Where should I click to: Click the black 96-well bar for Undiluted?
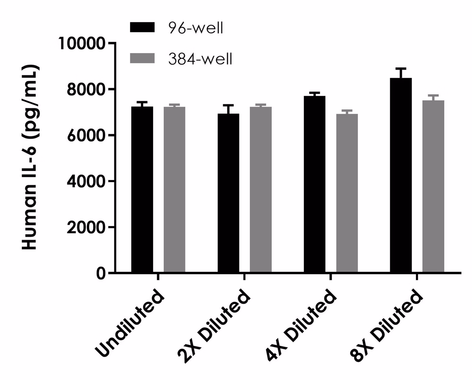click(142, 189)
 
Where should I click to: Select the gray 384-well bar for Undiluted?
click(174, 190)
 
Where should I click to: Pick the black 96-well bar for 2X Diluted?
click(228, 193)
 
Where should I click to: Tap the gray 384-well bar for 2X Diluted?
click(261, 190)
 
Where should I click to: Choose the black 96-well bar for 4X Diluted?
click(315, 184)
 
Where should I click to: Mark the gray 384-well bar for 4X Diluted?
click(347, 193)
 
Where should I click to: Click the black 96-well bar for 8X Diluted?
click(401, 175)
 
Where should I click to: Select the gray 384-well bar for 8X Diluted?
click(433, 186)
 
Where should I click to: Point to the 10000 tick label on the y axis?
click(81, 44)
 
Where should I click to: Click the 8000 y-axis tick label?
click(85, 90)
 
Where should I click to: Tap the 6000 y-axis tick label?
click(85, 135)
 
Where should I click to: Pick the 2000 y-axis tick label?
click(85, 227)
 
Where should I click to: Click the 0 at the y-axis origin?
click(100, 273)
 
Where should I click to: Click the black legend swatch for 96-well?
click(142, 27)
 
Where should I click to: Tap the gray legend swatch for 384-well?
click(142, 58)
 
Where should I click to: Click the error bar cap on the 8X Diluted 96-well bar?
click(401, 69)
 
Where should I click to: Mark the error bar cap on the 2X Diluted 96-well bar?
click(228, 106)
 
